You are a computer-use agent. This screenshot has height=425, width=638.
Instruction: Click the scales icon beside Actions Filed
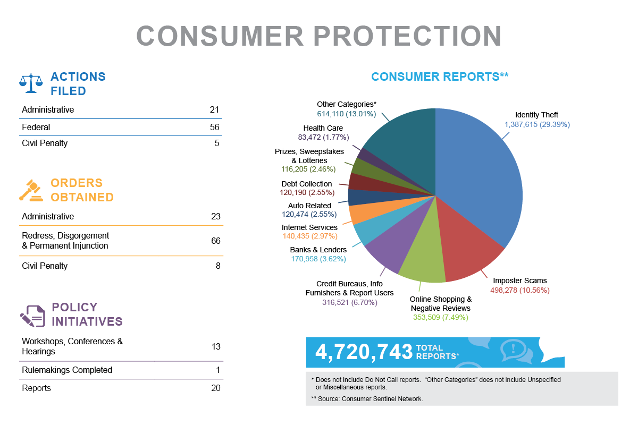click(x=31, y=82)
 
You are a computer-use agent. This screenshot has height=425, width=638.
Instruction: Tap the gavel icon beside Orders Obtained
click(x=31, y=190)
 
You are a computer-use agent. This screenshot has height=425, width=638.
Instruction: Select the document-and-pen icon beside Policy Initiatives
click(x=32, y=315)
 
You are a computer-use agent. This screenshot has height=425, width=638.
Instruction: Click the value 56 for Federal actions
click(x=214, y=127)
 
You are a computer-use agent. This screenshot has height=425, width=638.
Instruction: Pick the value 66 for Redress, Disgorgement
click(x=215, y=241)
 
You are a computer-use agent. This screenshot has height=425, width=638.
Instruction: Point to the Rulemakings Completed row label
click(x=67, y=370)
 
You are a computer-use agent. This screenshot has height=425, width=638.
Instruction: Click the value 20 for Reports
click(x=215, y=388)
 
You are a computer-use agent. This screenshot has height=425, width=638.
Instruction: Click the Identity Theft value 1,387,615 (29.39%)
click(x=537, y=124)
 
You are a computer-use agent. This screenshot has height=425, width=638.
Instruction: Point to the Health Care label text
click(x=323, y=128)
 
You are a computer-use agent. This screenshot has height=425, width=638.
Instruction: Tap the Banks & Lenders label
click(x=318, y=250)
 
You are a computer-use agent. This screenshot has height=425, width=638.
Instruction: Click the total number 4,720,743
click(x=364, y=352)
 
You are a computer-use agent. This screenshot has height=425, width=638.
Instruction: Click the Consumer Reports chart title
click(x=440, y=76)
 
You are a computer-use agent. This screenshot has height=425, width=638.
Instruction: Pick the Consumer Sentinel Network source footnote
click(x=367, y=398)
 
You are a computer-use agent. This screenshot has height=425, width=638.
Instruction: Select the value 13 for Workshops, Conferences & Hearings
click(x=215, y=346)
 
